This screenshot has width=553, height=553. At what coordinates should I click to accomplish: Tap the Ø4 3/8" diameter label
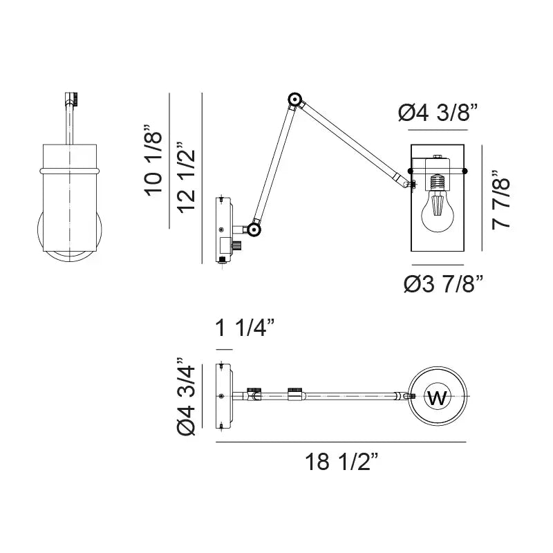(438, 113)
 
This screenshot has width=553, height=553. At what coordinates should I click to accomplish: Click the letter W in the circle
(437, 397)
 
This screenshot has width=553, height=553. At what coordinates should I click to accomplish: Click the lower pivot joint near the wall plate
(254, 229)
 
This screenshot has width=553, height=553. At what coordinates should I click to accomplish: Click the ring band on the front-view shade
(70, 169)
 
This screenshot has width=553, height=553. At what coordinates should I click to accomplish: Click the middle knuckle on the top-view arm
(294, 395)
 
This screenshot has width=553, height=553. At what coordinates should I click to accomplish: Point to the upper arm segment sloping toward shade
(350, 141)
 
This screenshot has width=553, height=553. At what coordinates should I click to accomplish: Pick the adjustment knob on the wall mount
(237, 246)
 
